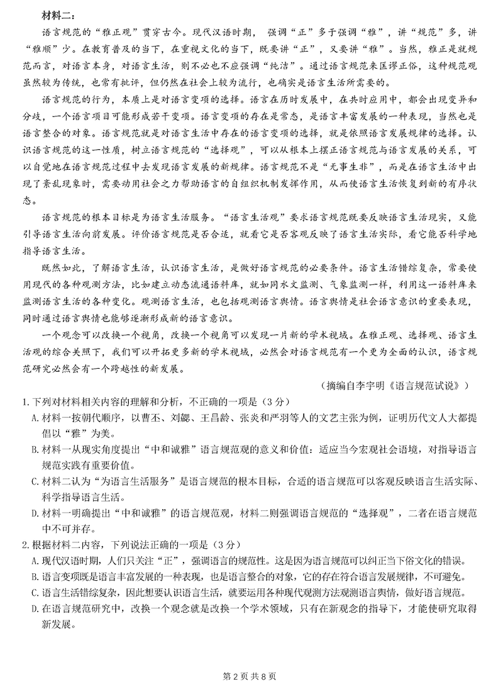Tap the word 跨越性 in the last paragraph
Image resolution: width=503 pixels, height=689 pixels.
point(136,369)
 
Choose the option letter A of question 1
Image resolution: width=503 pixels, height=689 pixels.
point(35,416)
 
